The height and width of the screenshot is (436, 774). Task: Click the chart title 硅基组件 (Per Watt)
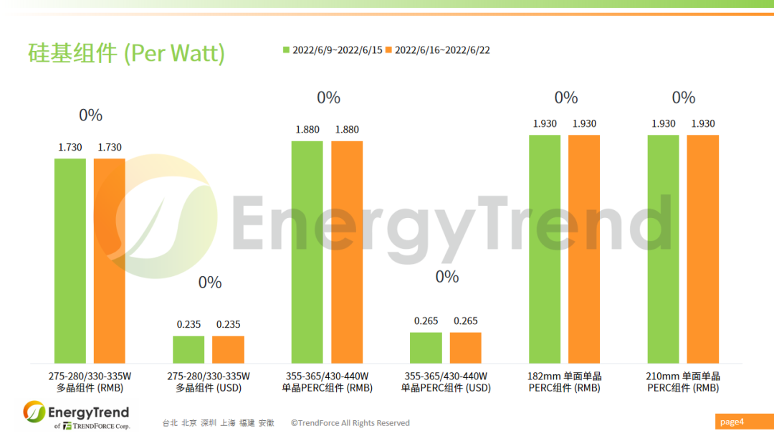tap(126, 52)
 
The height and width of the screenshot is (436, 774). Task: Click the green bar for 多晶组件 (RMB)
tap(70, 260)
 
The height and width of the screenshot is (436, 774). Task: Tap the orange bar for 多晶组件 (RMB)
tap(110, 260)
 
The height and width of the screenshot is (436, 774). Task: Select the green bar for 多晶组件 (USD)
tap(188, 349)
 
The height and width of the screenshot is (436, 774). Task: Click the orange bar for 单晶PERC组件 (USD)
tap(466, 348)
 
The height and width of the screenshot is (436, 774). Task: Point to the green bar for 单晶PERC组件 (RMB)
tap(307, 252)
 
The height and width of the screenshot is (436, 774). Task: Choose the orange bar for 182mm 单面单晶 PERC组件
tap(584, 249)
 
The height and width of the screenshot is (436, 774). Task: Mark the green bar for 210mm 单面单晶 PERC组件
tap(663, 249)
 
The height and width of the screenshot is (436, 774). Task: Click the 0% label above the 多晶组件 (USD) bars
tap(210, 283)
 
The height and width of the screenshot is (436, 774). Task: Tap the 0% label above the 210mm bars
tap(684, 98)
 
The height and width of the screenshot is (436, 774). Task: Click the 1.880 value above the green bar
tap(307, 130)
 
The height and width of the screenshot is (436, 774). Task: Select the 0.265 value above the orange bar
tap(466, 321)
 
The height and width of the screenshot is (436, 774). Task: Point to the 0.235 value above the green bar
tap(188, 324)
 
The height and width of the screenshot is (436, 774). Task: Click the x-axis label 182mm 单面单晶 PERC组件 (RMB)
tap(565, 382)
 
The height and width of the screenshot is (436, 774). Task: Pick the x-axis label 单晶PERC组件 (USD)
tap(446, 382)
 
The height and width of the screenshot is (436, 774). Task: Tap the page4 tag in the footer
tap(732, 422)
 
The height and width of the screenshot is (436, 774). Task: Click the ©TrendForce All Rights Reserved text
tap(350, 423)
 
